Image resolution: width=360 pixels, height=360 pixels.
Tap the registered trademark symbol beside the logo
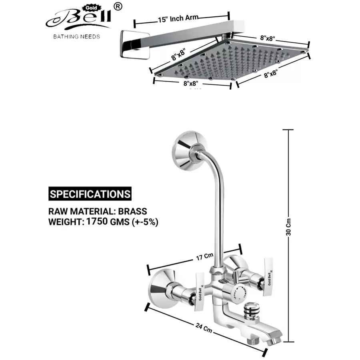[x=118, y=6]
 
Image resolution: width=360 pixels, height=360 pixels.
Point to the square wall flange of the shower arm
[x=128, y=44]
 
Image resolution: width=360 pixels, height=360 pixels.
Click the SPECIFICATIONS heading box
[x=90, y=194]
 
